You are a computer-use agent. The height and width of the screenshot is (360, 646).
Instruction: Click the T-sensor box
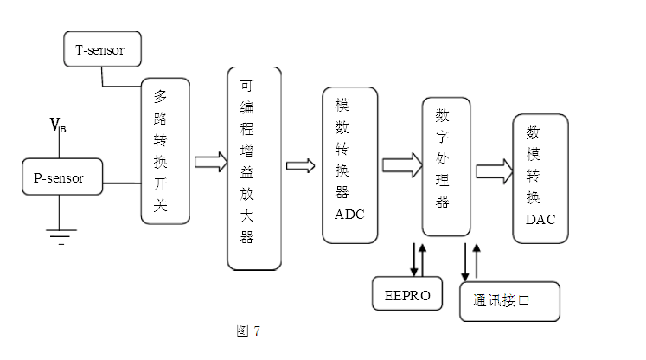(x=102, y=50)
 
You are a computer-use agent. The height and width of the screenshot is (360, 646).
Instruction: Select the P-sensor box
(x=60, y=177)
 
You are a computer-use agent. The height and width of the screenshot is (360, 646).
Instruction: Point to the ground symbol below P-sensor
(x=60, y=233)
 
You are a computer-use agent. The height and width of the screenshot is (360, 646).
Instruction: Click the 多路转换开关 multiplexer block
(x=164, y=151)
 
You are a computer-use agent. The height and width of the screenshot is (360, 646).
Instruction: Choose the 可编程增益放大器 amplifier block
(x=254, y=169)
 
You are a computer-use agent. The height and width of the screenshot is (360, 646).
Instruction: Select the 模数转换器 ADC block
(x=349, y=164)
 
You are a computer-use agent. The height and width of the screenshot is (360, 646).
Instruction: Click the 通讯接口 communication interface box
(x=509, y=302)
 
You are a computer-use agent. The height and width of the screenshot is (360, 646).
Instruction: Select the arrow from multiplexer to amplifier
(x=210, y=162)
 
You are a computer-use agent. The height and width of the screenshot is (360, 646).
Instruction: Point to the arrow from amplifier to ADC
(x=301, y=165)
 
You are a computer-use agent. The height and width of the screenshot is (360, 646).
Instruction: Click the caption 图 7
(x=246, y=331)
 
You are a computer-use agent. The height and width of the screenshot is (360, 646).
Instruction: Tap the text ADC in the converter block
(x=349, y=214)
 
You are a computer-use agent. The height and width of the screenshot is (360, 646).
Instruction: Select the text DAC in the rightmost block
(x=540, y=219)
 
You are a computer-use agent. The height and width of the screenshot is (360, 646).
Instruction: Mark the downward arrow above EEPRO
(x=414, y=258)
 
